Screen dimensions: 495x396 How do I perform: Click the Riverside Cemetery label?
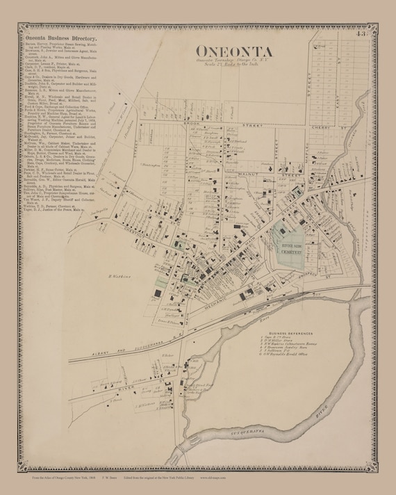coord(290,248)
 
